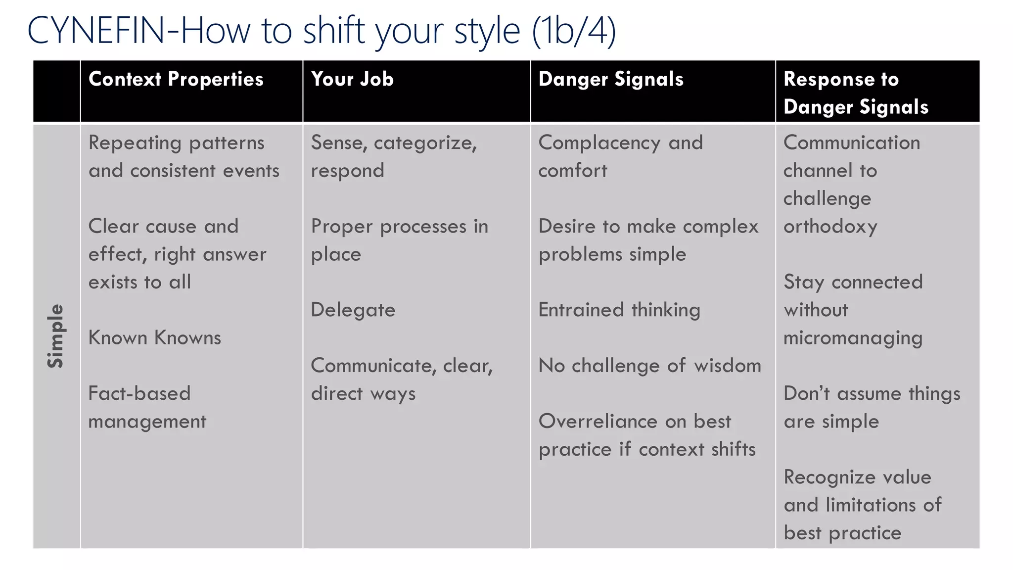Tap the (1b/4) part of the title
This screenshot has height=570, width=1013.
click(x=574, y=31)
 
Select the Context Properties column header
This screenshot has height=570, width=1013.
click(x=176, y=79)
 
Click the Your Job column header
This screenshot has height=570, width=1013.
click(x=352, y=79)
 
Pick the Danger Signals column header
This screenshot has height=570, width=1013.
click(x=611, y=79)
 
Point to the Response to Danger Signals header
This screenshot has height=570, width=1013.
click(x=856, y=93)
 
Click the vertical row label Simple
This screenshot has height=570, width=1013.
click(x=56, y=336)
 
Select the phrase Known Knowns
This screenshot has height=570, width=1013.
click(x=155, y=338)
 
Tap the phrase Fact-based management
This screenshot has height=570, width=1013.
click(x=147, y=407)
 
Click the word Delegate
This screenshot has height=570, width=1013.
click(x=353, y=310)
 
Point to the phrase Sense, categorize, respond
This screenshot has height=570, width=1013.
click(x=394, y=156)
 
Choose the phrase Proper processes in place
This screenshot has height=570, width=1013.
click(x=399, y=240)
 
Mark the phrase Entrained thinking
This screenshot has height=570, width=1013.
click(x=619, y=310)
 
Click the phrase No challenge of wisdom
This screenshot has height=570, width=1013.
click(x=649, y=366)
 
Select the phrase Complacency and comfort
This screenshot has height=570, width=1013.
click(x=620, y=156)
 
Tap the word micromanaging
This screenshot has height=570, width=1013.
click(x=853, y=338)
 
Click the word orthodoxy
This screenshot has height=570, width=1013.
click(x=830, y=227)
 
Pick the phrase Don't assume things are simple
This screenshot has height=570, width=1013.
click(x=872, y=407)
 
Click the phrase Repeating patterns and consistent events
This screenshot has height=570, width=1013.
click(x=184, y=156)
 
